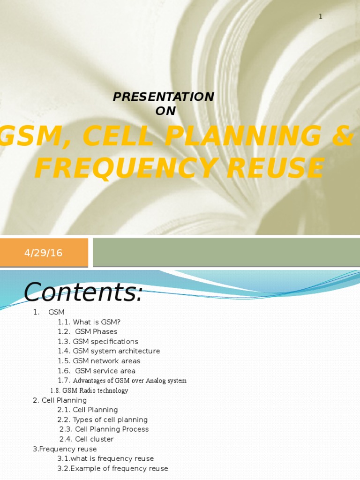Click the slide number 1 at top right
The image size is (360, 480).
tap(321, 16)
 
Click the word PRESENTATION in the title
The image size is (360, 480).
tap(164, 97)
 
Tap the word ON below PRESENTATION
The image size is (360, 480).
tap(165, 111)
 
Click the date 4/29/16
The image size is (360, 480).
tap(43, 253)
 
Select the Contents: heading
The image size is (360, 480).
tap(82, 293)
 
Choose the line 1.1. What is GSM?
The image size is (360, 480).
tap(89, 322)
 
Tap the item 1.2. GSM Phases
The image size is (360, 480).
tap(88, 332)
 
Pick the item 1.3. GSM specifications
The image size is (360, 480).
tap(98, 342)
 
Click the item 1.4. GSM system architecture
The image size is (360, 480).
tap(109, 351)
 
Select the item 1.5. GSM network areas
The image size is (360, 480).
tap(99, 361)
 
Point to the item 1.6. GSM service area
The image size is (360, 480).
tap(97, 371)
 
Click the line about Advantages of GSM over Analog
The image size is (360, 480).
tap(122, 381)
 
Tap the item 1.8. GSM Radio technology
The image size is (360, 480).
tap(89, 390)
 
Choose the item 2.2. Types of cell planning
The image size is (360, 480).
tap(102, 420)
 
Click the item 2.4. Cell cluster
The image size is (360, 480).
tap(87, 439)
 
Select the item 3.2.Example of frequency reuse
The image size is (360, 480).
tap(112, 468)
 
